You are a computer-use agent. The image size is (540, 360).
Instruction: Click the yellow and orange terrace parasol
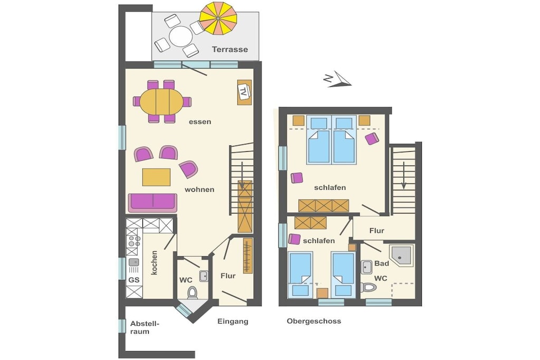(x=218, y=18)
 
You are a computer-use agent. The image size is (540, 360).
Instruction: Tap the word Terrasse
(x=230, y=49)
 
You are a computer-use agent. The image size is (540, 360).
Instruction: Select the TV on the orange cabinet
(x=244, y=91)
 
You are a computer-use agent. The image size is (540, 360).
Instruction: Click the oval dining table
(x=161, y=102)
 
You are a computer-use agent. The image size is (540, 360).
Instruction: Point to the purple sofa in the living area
(x=152, y=202)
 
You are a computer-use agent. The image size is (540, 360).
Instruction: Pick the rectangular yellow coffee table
(x=156, y=177)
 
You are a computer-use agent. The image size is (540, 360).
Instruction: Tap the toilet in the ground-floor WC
(x=192, y=293)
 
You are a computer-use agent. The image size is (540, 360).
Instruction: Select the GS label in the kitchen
(x=134, y=280)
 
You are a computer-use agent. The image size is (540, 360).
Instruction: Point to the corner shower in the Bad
(x=401, y=255)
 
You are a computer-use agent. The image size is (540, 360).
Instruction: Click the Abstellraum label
(x=145, y=328)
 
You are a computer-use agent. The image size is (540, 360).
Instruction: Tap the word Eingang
(x=233, y=322)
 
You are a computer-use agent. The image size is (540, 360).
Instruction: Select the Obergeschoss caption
(x=314, y=321)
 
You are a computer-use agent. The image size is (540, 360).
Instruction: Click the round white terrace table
(x=181, y=36)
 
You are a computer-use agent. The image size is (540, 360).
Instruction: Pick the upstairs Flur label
(x=377, y=230)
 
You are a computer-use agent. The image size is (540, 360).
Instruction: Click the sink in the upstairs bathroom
(x=366, y=267)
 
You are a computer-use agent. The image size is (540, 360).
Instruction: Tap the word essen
(x=200, y=122)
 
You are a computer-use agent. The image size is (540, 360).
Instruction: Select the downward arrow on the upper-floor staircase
(x=403, y=176)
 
